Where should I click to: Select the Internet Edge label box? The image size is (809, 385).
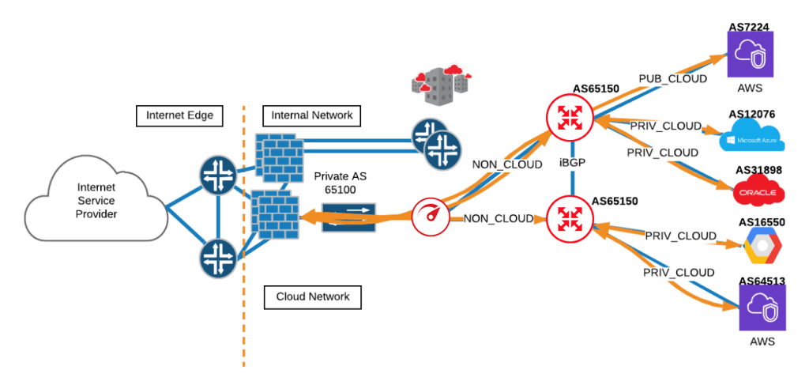click(x=179, y=115)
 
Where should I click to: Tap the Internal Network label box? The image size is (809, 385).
click(x=311, y=115)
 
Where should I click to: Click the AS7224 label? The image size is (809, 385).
click(x=749, y=27)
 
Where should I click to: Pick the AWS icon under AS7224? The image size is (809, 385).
click(x=750, y=55)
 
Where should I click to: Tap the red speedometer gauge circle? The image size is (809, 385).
click(x=430, y=215)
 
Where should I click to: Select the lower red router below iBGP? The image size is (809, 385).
click(x=570, y=219)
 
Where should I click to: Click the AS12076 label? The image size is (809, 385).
click(x=751, y=114)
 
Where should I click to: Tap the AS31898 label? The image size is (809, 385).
click(x=759, y=170)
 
